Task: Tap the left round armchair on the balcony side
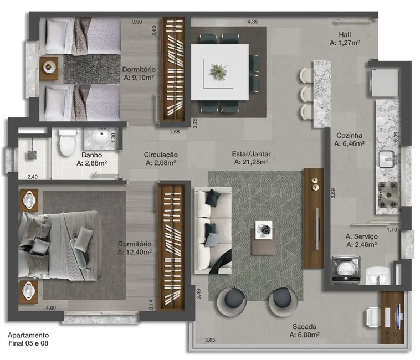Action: (x=233, y=301)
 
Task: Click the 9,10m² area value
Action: (x=139, y=78)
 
